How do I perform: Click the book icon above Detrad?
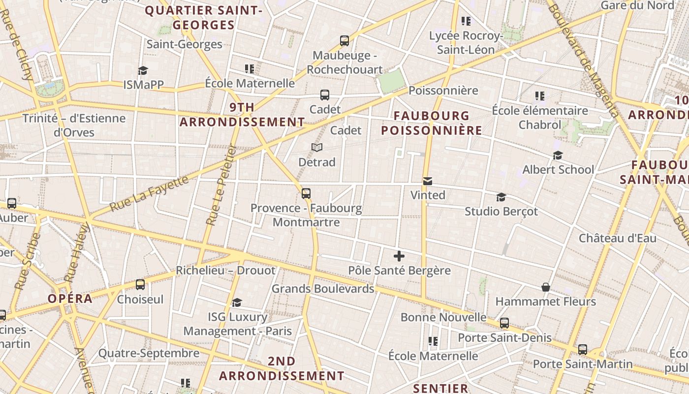click(317, 147)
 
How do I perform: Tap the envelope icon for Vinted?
click(428, 181)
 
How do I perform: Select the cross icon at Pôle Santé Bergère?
click(399, 256)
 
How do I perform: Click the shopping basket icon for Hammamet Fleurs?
click(545, 287)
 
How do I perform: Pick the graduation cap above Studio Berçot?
click(501, 197)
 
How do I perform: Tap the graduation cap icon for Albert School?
click(558, 156)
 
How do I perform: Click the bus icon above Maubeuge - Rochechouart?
click(344, 41)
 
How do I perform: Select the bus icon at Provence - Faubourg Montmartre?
click(306, 194)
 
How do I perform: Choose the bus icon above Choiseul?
click(140, 285)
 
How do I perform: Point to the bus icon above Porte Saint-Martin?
click(583, 350)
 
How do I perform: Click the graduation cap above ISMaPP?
click(143, 70)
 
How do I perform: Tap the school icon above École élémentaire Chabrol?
click(540, 96)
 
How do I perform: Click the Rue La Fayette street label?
click(149, 194)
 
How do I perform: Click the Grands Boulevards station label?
click(323, 289)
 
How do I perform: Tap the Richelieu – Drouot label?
click(226, 270)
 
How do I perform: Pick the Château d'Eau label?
click(617, 238)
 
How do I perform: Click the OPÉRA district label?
click(70, 298)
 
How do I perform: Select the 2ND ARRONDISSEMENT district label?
click(282, 368)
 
